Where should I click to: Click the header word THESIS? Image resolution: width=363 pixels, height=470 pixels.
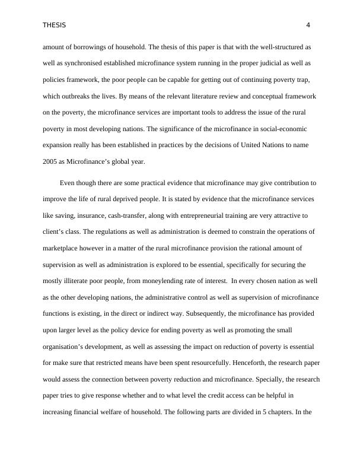[x=54, y=25]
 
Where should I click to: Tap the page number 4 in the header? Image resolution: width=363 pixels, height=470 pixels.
[x=308, y=25]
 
